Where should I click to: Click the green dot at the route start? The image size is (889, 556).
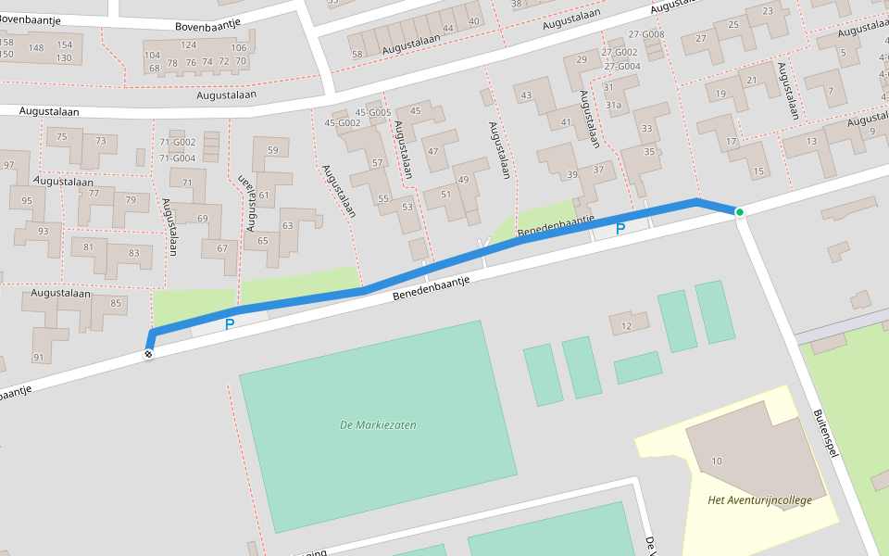[739, 212]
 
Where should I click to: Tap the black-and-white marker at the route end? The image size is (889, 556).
[148, 353]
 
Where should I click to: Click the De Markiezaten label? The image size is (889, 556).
[378, 425]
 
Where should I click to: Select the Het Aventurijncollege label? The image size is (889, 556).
[758, 500]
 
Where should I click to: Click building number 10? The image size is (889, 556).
[717, 461]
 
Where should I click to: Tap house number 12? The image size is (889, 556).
[626, 325]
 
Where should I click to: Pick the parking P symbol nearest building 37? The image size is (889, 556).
[620, 228]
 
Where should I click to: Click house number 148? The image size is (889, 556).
[36, 48]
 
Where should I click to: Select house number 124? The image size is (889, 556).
[189, 44]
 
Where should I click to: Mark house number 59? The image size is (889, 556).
[272, 150]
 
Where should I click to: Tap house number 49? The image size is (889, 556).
[463, 180]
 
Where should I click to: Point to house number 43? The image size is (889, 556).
[527, 95]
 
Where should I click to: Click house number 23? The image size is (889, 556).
[768, 11]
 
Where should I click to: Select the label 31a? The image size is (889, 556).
[613, 105]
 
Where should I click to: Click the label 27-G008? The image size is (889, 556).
[645, 34]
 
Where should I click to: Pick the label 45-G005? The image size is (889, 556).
[374, 113]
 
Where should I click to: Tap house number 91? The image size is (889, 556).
[38, 358]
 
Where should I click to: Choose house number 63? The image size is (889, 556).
[287, 225]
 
